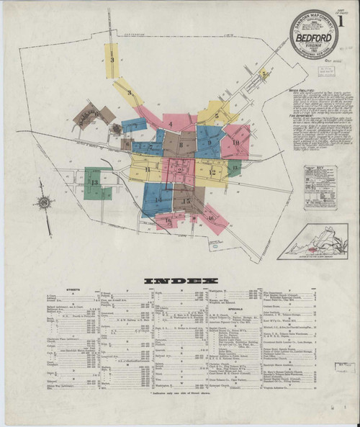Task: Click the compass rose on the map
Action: coord(44,203)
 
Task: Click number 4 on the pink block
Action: coord(171,124)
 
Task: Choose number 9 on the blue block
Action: coord(209,143)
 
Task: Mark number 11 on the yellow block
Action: coord(147,169)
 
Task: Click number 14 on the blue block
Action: coord(158,198)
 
